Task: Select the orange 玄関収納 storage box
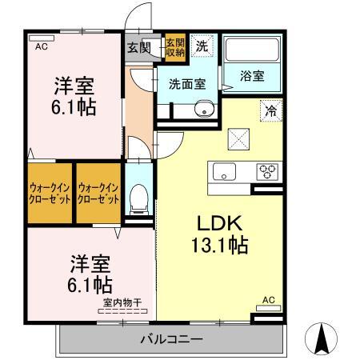[175, 46]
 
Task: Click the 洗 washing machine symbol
[203, 46]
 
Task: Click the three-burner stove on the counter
[266, 170]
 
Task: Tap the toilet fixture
[139, 194]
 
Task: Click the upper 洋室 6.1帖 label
[75, 96]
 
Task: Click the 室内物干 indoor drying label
[121, 302]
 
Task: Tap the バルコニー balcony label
[170, 339]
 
